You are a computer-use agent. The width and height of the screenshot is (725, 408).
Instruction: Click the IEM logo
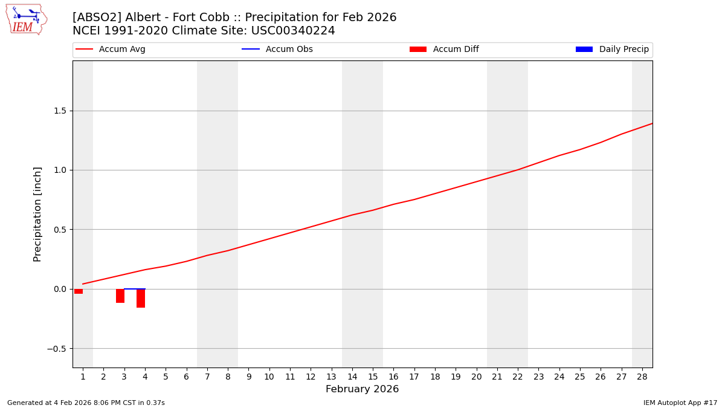26,19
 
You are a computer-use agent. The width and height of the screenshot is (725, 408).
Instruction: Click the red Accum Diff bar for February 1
79,291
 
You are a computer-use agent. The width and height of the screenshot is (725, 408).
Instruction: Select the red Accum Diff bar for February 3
120,296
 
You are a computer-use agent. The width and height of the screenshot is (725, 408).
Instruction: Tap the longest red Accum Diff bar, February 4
141,298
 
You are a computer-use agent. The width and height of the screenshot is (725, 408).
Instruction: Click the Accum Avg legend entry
111,50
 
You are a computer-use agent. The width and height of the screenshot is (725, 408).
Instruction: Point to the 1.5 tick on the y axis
60,111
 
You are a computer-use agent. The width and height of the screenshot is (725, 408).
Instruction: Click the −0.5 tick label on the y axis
57,349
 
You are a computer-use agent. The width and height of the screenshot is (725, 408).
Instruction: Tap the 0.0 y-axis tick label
60,289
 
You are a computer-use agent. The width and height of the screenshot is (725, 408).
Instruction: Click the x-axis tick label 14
352,377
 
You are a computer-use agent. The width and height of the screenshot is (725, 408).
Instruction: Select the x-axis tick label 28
642,377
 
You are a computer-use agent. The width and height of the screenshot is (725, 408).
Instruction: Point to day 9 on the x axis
248,377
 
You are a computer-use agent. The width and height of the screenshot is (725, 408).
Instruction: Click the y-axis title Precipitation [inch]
37,214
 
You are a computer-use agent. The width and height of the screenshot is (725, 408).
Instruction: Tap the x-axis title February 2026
362,389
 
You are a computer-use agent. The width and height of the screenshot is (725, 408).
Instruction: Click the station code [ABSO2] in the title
96,18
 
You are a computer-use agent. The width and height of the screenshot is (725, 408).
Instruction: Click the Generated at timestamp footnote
86,403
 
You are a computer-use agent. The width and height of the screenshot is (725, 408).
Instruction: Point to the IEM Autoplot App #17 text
680,403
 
